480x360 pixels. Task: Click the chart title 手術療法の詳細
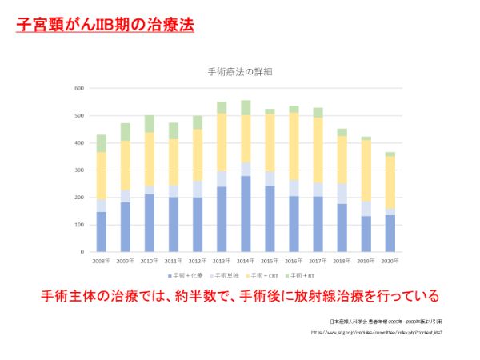240,72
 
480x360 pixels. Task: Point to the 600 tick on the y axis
79,88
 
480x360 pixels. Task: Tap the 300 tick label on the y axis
79,170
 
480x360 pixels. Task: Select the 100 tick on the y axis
79,225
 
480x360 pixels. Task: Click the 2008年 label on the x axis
102,261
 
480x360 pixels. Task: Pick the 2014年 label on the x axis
246,261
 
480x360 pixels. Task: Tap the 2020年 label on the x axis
390,261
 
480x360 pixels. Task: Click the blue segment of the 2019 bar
366,234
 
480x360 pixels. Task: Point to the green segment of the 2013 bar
222,107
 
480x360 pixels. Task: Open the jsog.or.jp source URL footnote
375,332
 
